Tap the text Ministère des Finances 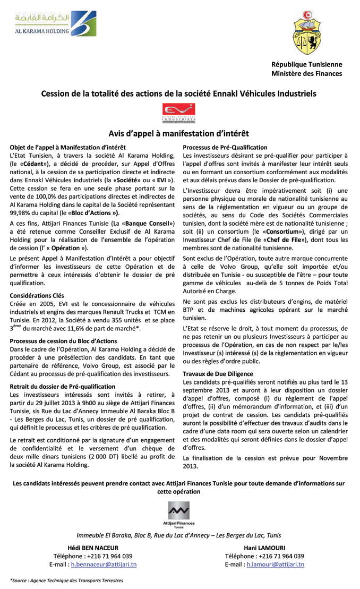tap(306, 74)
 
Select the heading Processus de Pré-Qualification tap(225, 147)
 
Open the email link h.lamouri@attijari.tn tap(275, 564)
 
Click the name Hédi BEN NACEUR tap(93, 548)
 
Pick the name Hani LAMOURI tap(264, 548)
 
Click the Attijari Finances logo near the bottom tap(179, 514)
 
